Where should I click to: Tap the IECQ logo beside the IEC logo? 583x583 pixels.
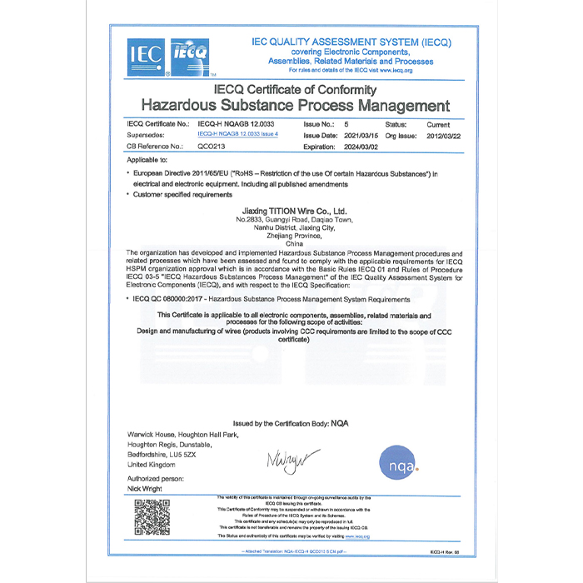click(189, 57)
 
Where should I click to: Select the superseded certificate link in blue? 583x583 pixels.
click(237, 133)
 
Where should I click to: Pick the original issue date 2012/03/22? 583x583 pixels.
click(443, 134)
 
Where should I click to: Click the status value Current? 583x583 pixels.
click(438, 123)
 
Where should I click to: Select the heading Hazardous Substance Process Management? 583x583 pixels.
click(295, 106)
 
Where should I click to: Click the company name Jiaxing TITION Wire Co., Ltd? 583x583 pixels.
click(293, 212)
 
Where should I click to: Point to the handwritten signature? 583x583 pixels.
click(291, 458)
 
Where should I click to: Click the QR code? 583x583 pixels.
click(152, 516)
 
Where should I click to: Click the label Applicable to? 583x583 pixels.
click(147, 158)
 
